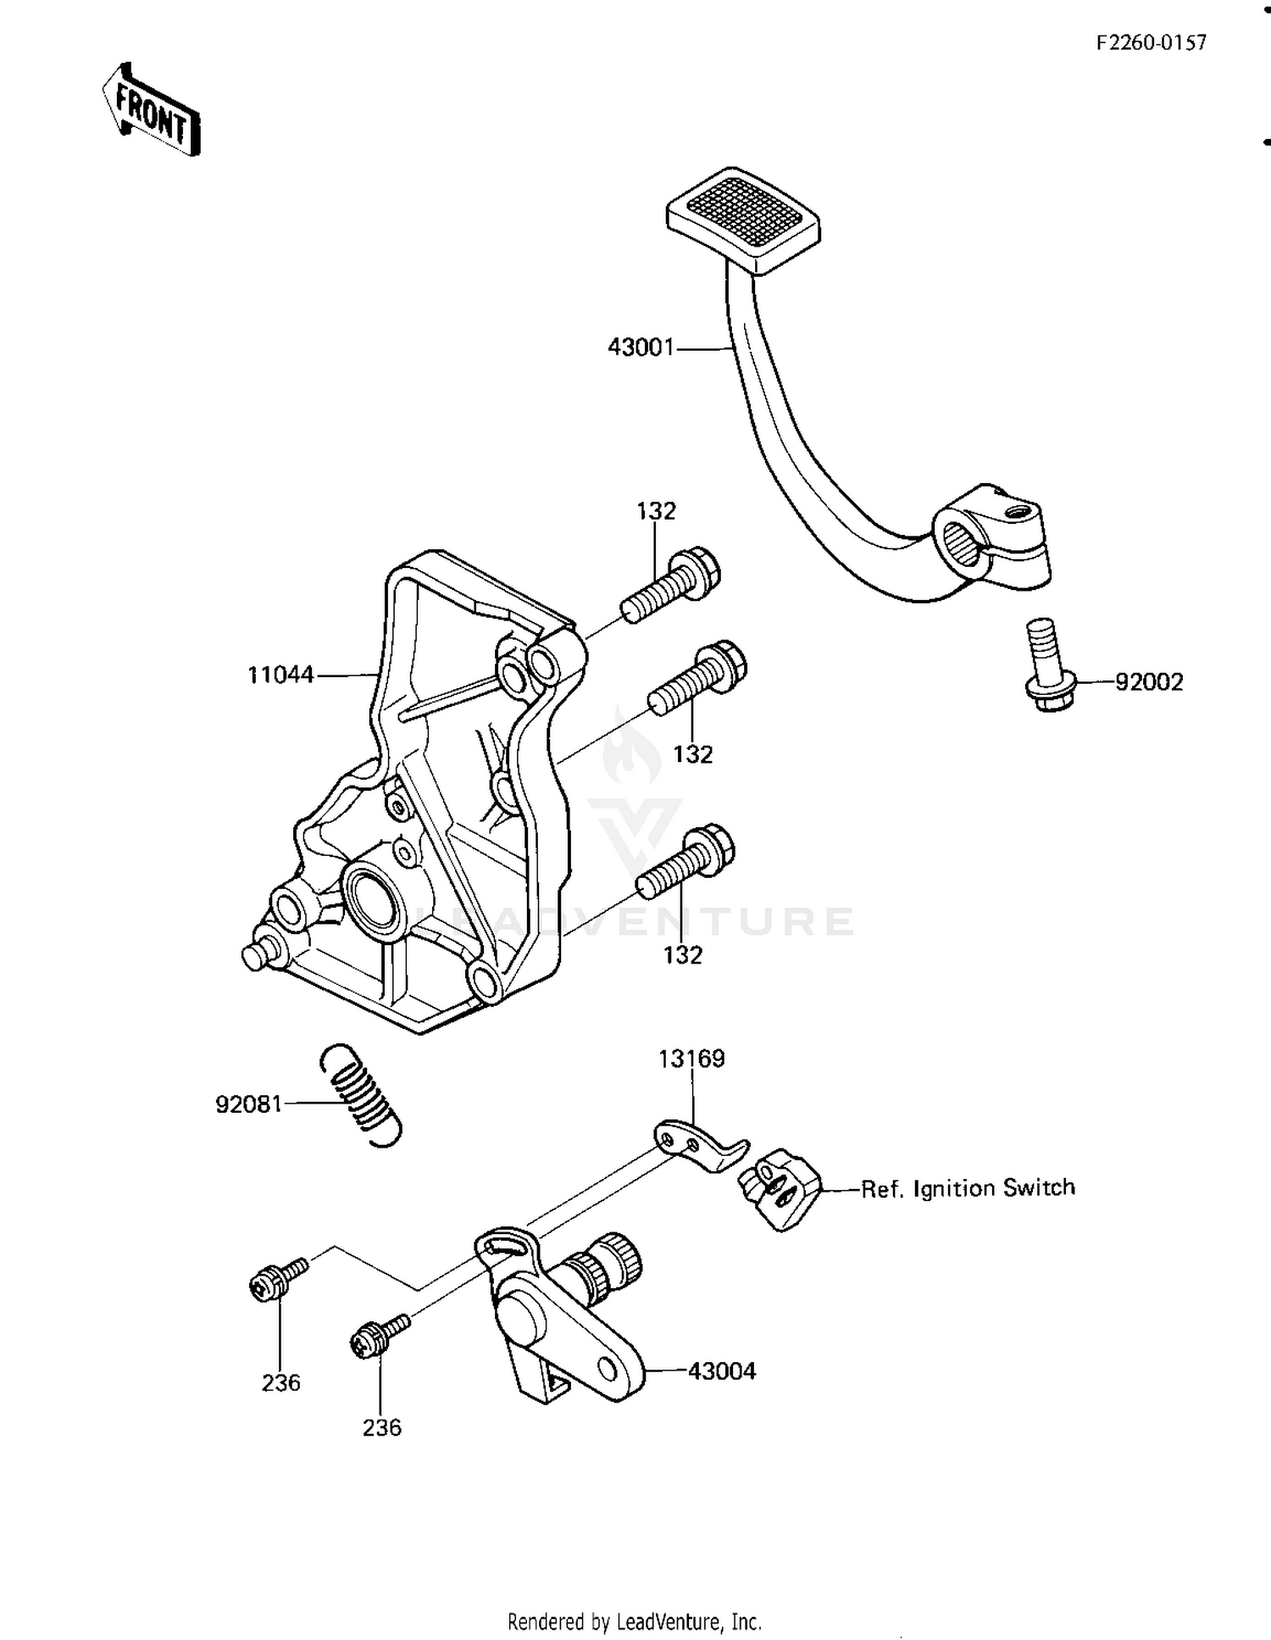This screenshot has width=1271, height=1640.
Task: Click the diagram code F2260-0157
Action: [1151, 43]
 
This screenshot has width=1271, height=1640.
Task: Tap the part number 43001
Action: [641, 347]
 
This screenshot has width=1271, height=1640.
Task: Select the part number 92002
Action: [1148, 681]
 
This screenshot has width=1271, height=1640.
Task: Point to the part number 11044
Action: [280, 675]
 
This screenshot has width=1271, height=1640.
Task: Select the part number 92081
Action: [248, 1104]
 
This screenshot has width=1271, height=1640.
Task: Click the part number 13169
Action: [692, 1059]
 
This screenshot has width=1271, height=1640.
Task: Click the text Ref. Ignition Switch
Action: [968, 1187]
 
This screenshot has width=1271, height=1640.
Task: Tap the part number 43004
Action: [722, 1370]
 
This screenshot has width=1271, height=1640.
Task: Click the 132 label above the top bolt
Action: [657, 511]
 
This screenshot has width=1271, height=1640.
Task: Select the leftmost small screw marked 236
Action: [277, 1278]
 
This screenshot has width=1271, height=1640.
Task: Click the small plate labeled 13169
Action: [699, 1145]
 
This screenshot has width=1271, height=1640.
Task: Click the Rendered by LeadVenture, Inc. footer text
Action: [635, 1621]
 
